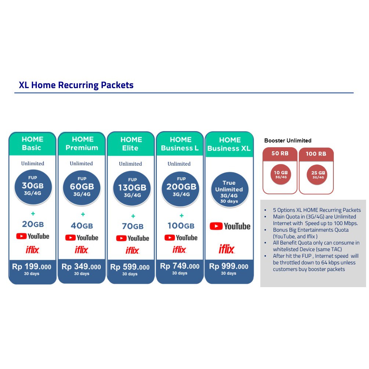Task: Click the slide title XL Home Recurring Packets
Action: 76,85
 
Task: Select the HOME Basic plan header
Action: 32,144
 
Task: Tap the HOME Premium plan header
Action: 82,144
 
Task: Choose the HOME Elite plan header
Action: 131,144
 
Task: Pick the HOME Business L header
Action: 180,144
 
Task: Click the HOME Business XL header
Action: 229,144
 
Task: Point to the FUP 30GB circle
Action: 33,187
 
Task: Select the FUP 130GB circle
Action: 132,189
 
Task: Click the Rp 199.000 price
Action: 32,267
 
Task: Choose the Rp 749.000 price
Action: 180,267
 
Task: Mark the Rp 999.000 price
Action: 229,267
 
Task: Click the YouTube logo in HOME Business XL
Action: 230,226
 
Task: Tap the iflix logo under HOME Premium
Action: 82,250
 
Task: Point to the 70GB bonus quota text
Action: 133,227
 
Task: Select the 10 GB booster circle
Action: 280,174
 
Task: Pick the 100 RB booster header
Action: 316,154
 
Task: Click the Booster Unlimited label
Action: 288,141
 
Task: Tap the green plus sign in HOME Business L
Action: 181,216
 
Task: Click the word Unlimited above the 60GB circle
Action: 81,163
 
